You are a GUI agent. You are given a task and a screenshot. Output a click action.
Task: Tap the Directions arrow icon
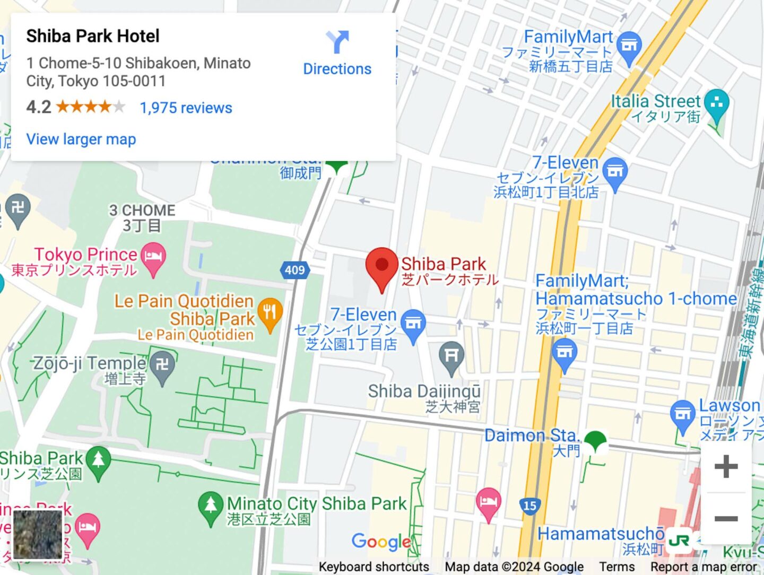[337, 42]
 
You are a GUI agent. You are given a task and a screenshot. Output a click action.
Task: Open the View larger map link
[81, 139]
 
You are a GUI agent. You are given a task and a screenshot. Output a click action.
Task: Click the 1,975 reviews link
[186, 108]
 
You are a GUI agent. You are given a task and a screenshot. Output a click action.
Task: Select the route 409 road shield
[294, 270]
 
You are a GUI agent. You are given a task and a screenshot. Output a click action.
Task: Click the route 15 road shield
[530, 506]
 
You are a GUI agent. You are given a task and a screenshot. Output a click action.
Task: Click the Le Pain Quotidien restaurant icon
[270, 313]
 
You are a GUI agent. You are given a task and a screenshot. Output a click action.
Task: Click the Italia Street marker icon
[717, 104]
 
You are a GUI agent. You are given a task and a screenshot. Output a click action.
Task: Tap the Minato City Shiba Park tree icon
[211, 506]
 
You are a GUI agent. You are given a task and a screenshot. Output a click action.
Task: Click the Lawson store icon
[682, 414]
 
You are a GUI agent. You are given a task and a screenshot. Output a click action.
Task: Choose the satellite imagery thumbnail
[38, 534]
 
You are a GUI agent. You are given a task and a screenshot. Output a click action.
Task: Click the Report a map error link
[703, 567]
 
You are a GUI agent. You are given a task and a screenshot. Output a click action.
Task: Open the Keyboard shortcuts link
[374, 567]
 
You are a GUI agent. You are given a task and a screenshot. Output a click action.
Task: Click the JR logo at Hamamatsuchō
[679, 540]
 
